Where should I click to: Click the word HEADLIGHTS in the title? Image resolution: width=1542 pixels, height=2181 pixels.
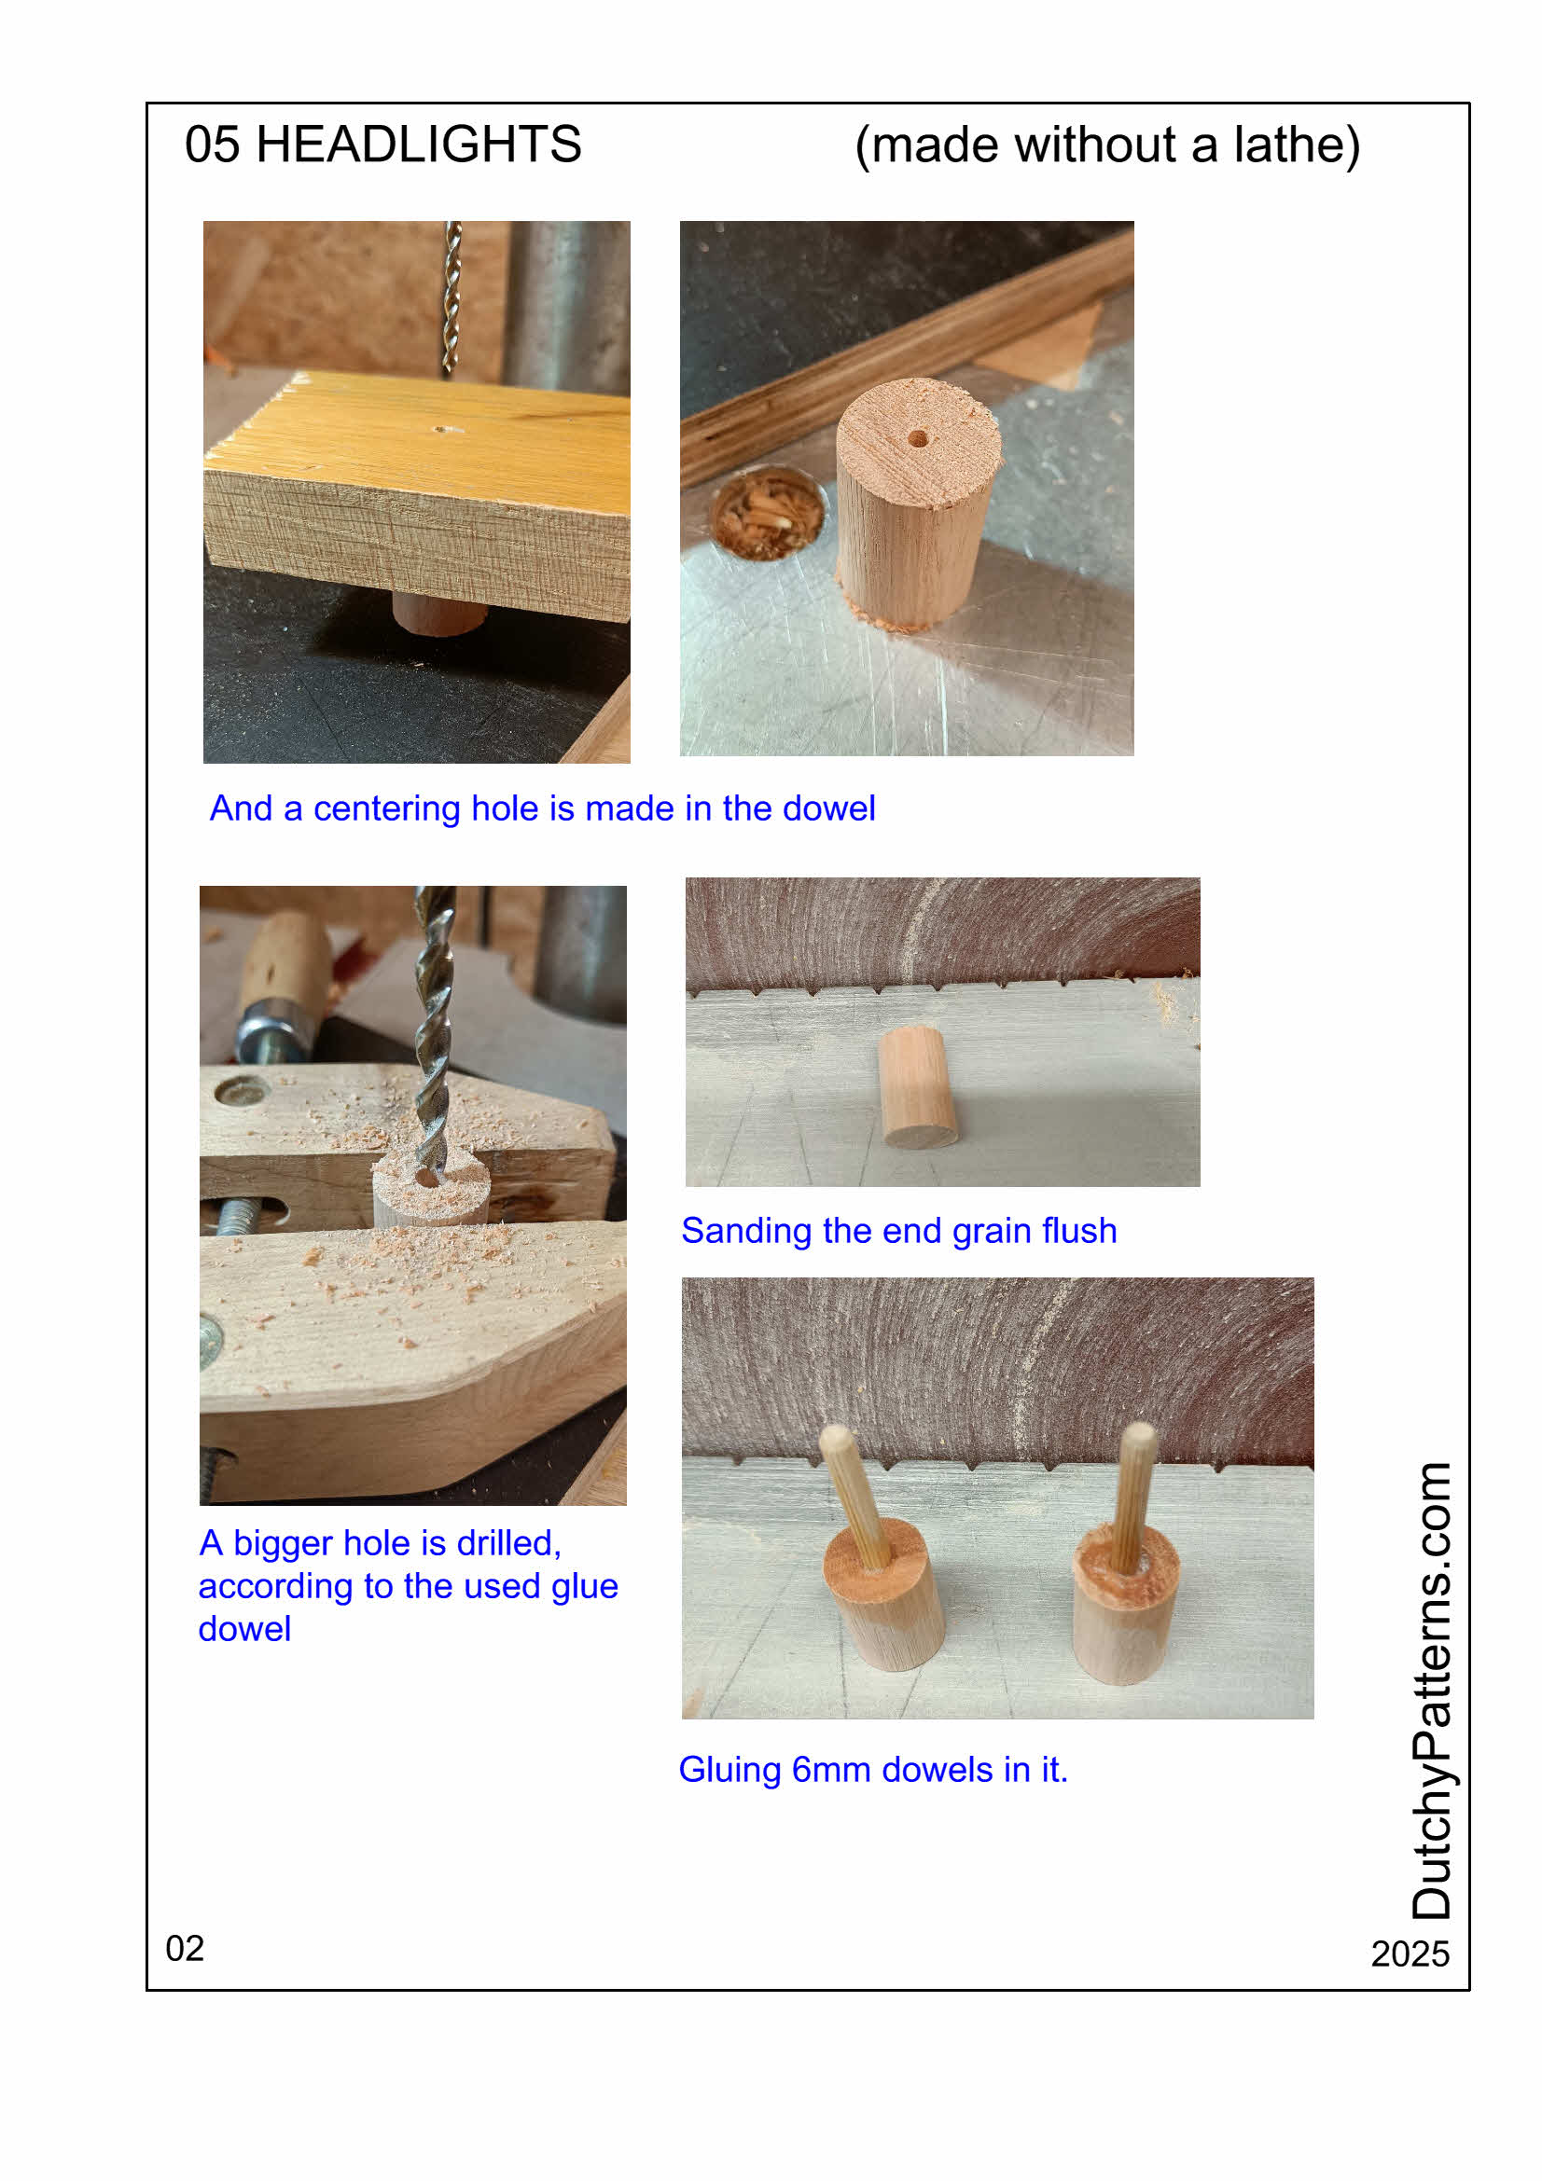pyautogui.click(x=418, y=145)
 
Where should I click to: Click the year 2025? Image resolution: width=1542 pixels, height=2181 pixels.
pyautogui.click(x=1409, y=1953)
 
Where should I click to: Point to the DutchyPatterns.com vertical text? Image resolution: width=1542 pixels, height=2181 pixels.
pyautogui.click(x=1431, y=1691)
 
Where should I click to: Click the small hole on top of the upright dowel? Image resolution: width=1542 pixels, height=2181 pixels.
pyautogui.click(x=917, y=438)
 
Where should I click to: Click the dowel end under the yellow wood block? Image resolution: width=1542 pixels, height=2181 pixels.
pyautogui.click(x=439, y=613)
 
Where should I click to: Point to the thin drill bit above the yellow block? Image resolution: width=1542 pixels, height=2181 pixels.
pyautogui.click(x=452, y=298)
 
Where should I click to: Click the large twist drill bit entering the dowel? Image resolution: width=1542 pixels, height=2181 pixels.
pyautogui.click(x=434, y=1030)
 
